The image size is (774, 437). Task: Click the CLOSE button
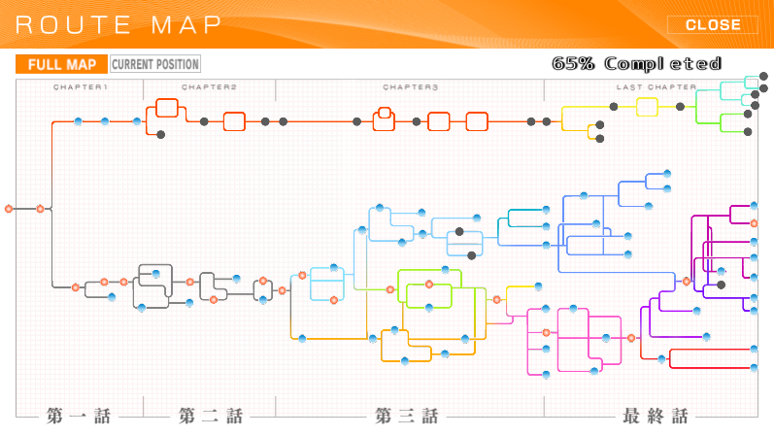712,24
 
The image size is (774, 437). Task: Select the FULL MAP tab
62,64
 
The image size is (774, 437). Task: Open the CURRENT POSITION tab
155,64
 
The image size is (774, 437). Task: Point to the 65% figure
573,63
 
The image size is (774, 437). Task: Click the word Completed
663,64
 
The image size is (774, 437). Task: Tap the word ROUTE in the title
73,25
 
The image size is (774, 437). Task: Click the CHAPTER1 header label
80,86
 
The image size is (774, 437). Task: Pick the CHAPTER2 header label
209,86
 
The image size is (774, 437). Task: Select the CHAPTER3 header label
410,86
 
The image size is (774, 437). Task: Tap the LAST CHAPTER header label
656,86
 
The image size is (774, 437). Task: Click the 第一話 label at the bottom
79,416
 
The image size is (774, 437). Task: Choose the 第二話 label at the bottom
211,416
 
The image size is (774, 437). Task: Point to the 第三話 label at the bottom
406,416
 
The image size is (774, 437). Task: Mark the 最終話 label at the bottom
656,416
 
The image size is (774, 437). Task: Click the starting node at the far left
9,209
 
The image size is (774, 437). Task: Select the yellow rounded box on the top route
647,107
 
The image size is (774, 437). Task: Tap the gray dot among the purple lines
722,285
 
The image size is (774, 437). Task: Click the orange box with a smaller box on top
384,119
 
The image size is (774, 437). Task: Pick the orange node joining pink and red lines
631,338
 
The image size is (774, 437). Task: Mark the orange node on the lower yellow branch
497,299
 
